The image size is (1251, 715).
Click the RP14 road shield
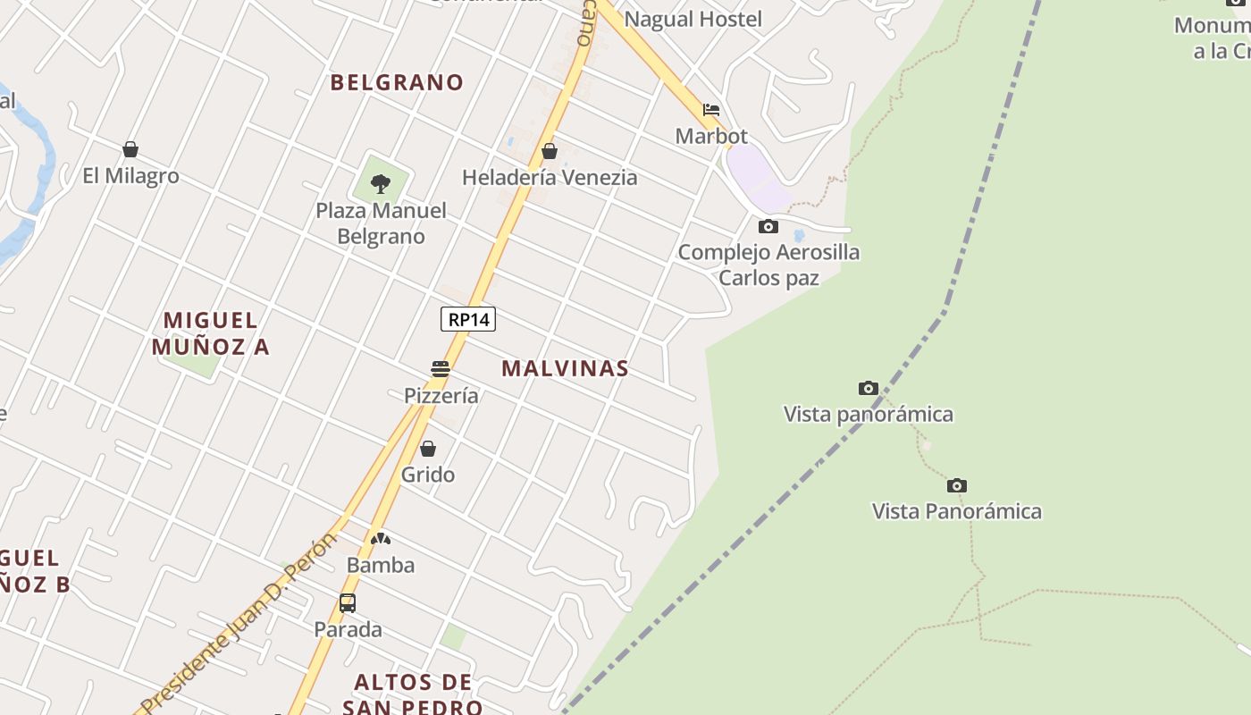(x=468, y=319)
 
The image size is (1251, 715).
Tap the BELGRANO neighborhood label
(x=397, y=82)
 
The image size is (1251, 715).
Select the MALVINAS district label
(x=565, y=368)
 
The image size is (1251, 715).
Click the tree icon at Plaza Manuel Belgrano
(x=381, y=184)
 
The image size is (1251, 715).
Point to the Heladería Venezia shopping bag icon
(x=550, y=151)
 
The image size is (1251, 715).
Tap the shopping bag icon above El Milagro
(x=130, y=149)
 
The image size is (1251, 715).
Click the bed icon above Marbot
(x=711, y=110)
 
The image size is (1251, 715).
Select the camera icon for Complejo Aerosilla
(x=768, y=226)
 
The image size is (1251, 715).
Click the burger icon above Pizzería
(x=440, y=369)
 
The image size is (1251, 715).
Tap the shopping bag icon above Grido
(x=428, y=449)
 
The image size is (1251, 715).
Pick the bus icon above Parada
(x=348, y=603)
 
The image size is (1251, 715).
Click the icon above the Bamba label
(x=381, y=539)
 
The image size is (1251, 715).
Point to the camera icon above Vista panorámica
(x=868, y=388)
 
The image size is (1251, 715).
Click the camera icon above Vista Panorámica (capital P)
(x=957, y=485)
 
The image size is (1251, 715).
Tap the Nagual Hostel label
(x=693, y=19)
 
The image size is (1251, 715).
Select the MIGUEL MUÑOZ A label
(x=211, y=333)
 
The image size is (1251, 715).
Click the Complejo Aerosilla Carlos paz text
(x=768, y=265)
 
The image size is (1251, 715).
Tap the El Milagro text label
(x=130, y=176)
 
